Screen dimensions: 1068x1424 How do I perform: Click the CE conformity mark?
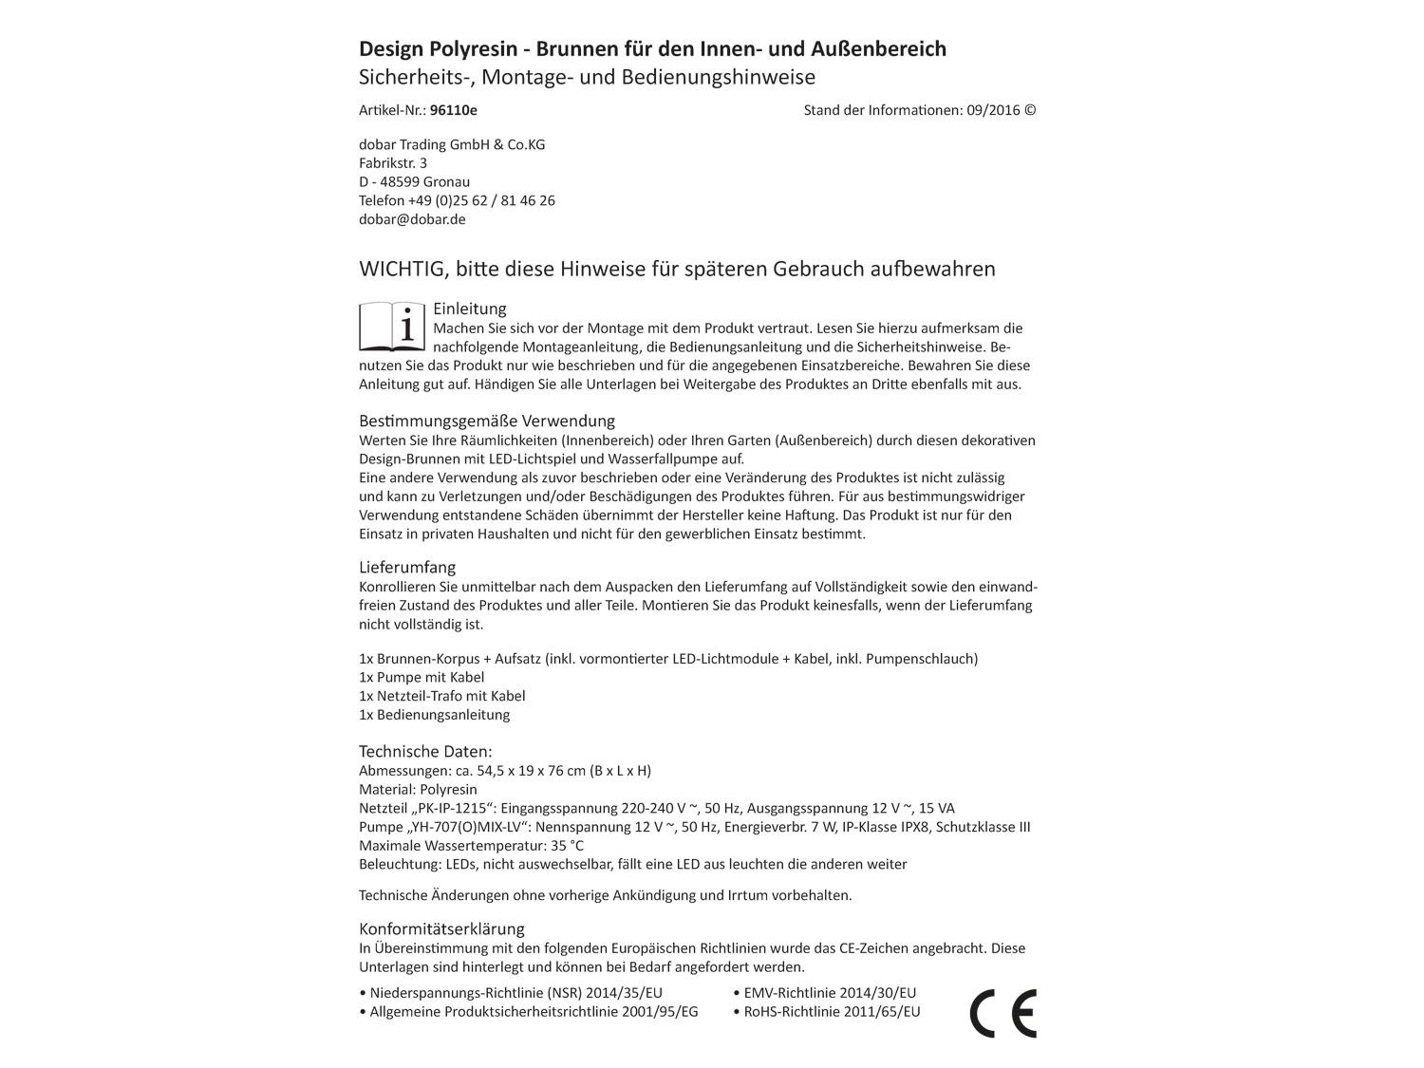[1002, 1012]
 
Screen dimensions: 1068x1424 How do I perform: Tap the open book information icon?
[392, 328]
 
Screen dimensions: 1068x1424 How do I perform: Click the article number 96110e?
[454, 110]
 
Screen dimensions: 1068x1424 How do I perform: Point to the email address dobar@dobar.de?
[412, 219]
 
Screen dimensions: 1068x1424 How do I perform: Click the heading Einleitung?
[470, 309]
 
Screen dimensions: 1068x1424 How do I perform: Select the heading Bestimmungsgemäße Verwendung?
[487, 421]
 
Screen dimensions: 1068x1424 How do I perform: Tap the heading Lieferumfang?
[407, 567]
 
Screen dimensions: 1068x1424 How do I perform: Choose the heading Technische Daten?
[425, 751]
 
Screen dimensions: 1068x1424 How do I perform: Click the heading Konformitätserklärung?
[441, 928]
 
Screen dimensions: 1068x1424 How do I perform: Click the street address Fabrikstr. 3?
[393, 163]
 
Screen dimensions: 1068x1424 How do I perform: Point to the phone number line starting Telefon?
[457, 200]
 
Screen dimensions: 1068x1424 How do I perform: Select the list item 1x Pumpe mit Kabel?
[422, 677]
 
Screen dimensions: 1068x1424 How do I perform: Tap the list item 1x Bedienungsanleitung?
[434, 715]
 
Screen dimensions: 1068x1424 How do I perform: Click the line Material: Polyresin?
[418, 789]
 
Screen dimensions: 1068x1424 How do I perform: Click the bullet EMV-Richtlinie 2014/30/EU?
[824, 993]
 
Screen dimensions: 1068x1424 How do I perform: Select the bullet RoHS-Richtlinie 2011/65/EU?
[826, 1012]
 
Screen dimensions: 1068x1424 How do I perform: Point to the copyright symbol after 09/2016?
[1030, 110]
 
